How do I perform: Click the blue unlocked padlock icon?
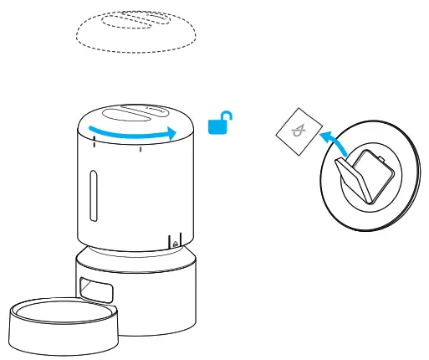217,126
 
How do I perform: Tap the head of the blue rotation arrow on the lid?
172,133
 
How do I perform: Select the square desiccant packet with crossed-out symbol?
299,131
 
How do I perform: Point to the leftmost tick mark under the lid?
94,143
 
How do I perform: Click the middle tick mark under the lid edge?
140,150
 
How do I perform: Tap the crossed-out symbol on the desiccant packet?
299,131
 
